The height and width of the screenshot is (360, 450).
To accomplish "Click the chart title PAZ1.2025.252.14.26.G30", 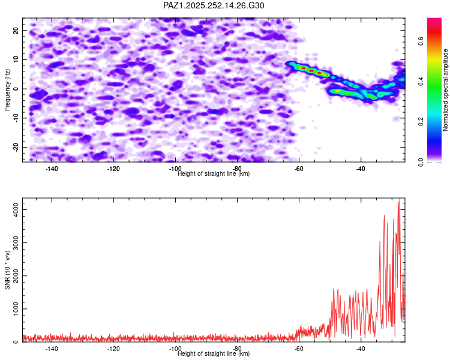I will [x=214, y=5].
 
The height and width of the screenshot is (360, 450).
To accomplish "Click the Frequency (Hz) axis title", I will [x=8, y=90].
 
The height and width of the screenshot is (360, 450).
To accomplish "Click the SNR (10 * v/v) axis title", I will [x=8, y=270].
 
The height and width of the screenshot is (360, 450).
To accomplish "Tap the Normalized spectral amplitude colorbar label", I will [x=446, y=90].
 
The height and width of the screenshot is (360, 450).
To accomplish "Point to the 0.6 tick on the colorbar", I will [x=422, y=41].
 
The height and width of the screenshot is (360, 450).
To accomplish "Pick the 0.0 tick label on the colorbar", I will [x=422, y=161].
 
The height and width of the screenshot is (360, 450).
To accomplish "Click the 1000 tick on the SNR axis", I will [x=13, y=309].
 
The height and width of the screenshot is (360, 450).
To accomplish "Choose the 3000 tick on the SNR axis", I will [x=13, y=242].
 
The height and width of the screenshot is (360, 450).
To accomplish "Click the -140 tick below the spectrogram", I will [x=52, y=169].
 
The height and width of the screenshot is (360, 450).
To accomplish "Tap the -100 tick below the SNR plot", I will [x=175, y=349].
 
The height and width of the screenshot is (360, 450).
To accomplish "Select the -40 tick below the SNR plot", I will [x=361, y=349].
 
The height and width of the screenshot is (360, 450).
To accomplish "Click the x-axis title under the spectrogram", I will [x=214, y=174].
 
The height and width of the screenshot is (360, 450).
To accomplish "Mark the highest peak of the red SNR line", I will [x=399, y=199].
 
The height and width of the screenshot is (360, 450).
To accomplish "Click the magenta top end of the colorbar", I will [x=434, y=20].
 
